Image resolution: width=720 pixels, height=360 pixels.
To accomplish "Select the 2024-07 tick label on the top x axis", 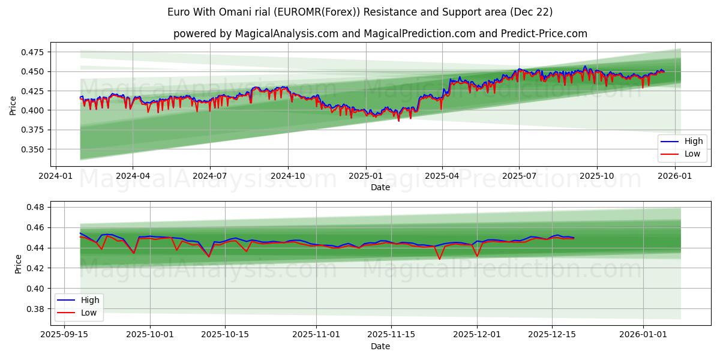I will tap(210, 176).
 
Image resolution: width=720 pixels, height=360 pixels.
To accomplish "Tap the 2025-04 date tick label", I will tap(442, 176).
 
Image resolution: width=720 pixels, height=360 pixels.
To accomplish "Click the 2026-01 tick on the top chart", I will tap(675, 176).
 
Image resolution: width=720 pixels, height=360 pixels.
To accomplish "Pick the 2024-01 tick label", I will tap(56, 176).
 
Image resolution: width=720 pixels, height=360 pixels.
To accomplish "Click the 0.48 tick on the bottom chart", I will tap(38, 208).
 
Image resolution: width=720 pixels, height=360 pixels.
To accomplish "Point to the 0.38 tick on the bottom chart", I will tap(38, 309).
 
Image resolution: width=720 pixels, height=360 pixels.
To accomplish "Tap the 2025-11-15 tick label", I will tap(391, 335).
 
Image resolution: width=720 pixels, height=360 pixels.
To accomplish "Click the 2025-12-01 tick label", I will tap(477, 335).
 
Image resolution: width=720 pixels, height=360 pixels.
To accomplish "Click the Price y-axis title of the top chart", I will tap(13, 104).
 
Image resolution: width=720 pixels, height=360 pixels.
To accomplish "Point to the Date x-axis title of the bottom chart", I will tap(380, 346).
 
